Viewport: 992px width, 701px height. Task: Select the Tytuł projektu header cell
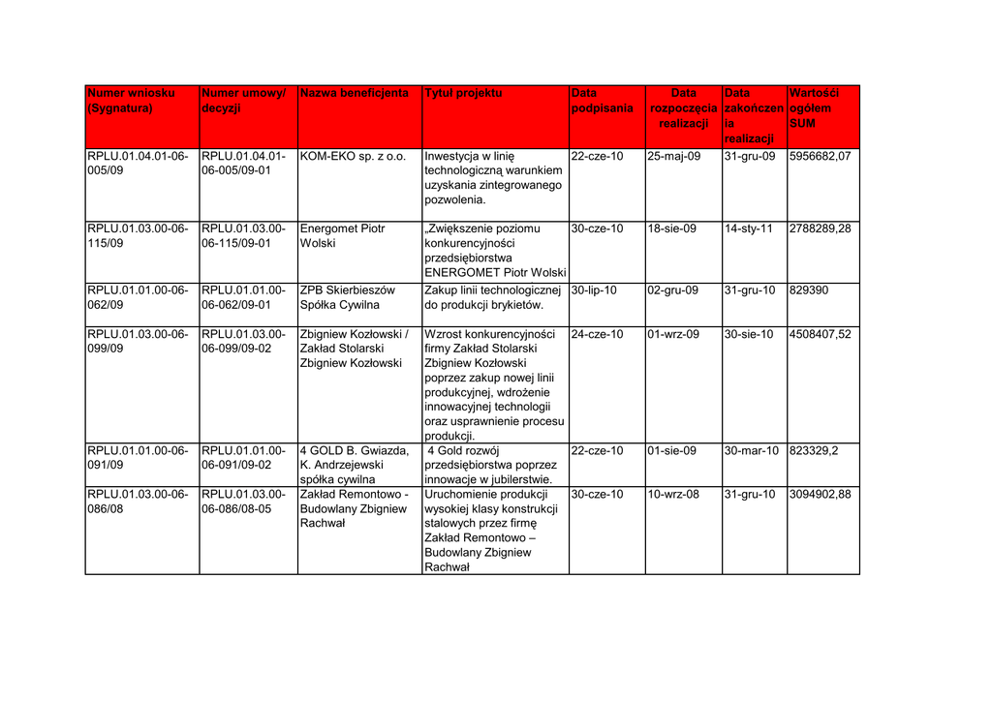(x=464, y=94)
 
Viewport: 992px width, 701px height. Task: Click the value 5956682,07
(x=820, y=157)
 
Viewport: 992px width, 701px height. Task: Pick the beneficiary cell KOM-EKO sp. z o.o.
(x=353, y=157)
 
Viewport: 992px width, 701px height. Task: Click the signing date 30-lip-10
(x=595, y=290)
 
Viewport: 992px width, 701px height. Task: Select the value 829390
(x=809, y=290)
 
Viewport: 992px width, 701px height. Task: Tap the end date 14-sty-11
(x=749, y=229)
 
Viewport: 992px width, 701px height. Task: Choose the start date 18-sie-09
(x=672, y=229)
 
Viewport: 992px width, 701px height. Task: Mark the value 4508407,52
(x=820, y=335)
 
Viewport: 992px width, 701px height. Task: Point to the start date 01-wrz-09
(x=673, y=335)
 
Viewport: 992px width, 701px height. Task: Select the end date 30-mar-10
(x=752, y=451)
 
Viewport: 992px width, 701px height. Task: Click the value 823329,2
(x=814, y=451)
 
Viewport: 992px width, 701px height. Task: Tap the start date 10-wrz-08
(x=673, y=495)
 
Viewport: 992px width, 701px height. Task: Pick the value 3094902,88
(x=820, y=495)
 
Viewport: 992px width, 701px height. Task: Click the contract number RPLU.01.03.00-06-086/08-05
(x=243, y=502)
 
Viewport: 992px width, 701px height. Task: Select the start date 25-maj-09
(x=673, y=157)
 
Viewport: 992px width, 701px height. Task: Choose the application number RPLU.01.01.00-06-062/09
(x=139, y=297)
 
